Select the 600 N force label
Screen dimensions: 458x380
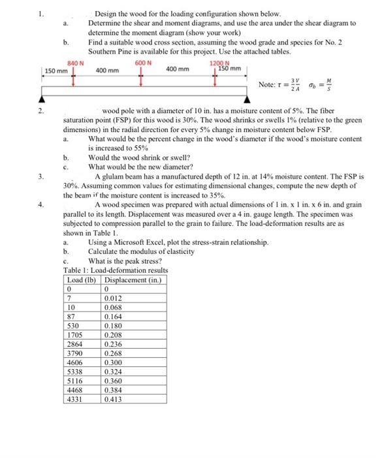tap(142, 63)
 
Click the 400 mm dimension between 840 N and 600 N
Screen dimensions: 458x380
tap(107, 70)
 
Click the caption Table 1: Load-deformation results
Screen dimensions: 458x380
tap(116, 270)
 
